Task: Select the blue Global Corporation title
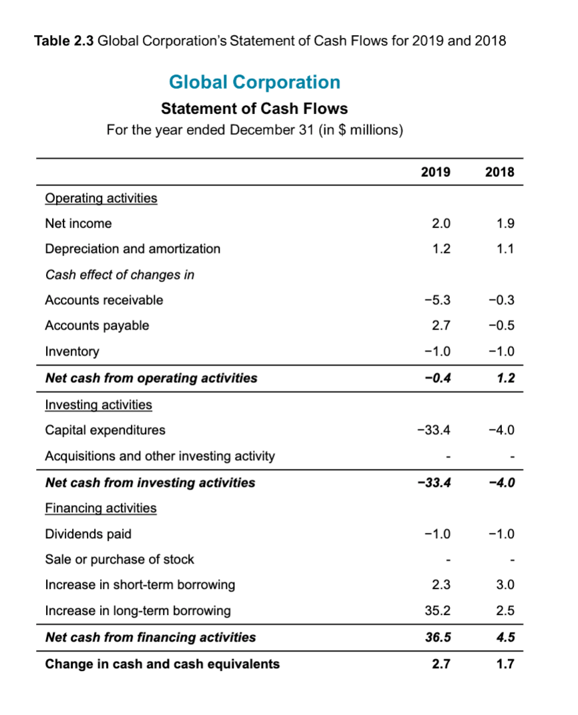tap(254, 82)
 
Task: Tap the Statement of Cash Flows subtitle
tap(254, 108)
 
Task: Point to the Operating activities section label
tap(101, 198)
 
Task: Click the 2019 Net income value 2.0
tap(443, 223)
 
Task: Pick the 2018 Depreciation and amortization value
tap(507, 249)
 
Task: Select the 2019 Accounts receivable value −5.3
tap(438, 300)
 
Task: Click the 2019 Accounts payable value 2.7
tap(442, 325)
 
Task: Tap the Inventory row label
tap(71, 351)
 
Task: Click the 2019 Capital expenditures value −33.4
tap(435, 430)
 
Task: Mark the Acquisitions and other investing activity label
tap(160, 456)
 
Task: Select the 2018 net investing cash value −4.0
tap(502, 482)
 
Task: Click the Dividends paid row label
tap(88, 534)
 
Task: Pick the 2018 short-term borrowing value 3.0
tap(507, 585)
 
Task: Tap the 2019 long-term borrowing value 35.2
tap(439, 610)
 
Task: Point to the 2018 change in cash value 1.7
tap(507, 664)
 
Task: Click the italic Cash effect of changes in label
tap(119, 275)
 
